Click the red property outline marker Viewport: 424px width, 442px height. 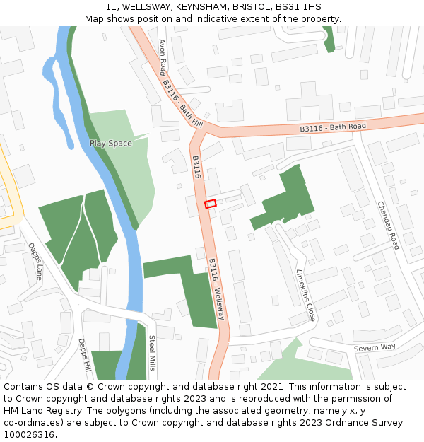coord(210,204)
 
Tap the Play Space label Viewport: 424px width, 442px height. coord(110,144)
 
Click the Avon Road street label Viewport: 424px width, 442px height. coord(163,57)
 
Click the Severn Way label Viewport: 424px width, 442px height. coord(375,347)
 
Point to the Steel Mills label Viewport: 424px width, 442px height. coord(151,353)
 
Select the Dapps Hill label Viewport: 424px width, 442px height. coord(84,355)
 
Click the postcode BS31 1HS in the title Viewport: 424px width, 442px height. coord(298,6)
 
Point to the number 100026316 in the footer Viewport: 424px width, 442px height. coord(28,435)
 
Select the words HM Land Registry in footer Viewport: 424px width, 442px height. coord(35,411)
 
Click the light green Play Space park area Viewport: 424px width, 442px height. coord(134,177)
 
